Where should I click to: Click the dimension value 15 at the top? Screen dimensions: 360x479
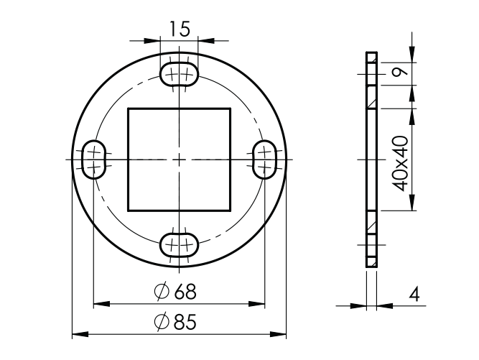coord(180,29)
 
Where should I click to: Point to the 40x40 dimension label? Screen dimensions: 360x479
coord(401,162)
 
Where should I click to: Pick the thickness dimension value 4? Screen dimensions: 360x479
coord(414,295)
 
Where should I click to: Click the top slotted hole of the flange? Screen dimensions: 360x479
coord(179,73)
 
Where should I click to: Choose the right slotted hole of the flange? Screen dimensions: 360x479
coord(264,159)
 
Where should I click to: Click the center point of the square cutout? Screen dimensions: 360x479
coord(179,159)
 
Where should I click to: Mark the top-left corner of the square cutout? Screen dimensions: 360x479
coord(128,109)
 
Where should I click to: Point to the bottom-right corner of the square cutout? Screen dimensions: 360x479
coord(230,210)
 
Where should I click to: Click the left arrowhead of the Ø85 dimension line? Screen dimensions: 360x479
coord(77,334)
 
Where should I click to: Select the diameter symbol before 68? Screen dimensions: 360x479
coord(161,292)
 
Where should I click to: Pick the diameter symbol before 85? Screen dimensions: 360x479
coord(161,323)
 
